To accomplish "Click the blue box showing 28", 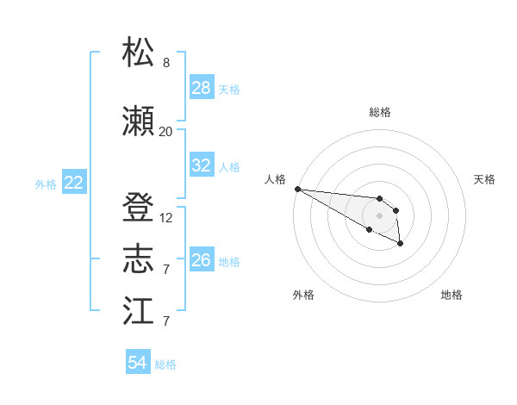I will point(202,88).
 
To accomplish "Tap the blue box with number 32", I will point(202,165).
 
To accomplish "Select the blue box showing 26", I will point(202,260).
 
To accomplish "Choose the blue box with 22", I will point(74,183).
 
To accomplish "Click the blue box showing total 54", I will point(138,363).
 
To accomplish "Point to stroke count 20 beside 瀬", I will point(165,131).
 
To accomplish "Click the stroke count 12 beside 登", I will point(166,218).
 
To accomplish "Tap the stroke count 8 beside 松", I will point(166,63).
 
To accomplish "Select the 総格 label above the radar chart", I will point(379,112).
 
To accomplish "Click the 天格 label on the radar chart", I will point(484,179).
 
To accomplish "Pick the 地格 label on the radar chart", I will point(452,295).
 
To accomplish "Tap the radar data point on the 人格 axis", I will point(297,189).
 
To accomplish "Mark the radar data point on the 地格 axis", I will point(401,245).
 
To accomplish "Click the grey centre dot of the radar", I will point(379,215).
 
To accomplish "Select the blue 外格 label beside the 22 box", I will point(46,184).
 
